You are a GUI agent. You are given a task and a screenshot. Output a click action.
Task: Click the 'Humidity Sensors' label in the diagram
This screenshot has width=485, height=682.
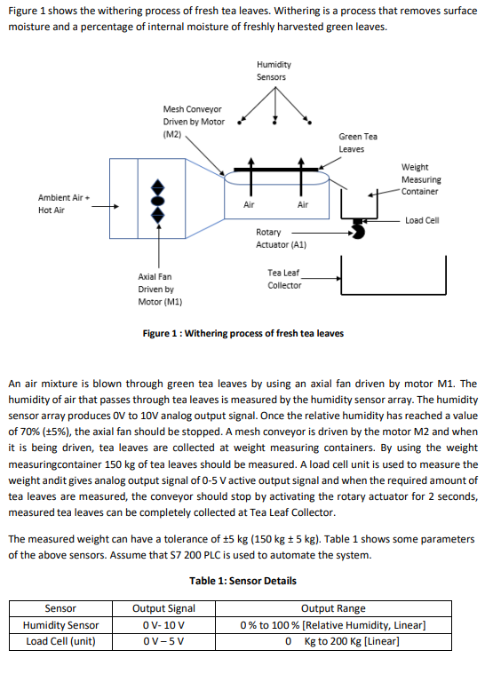tap(272, 71)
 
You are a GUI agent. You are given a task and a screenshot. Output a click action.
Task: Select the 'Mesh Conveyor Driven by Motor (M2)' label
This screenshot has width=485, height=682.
tap(193, 122)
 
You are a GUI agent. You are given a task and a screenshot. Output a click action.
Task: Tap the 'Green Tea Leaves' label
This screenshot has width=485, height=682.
tap(357, 142)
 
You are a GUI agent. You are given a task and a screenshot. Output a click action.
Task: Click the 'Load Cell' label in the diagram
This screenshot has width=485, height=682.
tap(421, 220)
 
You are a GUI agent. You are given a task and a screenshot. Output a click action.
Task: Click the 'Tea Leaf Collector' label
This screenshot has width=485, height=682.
tap(284, 279)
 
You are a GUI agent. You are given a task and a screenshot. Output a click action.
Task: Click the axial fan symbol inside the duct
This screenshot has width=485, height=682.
tap(159, 203)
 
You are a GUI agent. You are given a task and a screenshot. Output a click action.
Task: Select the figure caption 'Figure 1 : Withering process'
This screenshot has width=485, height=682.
tap(242, 334)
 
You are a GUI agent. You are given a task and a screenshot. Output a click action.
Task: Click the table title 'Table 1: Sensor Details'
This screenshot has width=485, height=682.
tap(242, 581)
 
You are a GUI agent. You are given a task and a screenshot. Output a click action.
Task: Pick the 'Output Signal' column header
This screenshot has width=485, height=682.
tap(163, 608)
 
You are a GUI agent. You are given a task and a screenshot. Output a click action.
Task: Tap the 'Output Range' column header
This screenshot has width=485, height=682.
tap(333, 608)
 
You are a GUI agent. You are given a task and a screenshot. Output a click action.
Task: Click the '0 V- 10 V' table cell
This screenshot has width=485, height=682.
tap(163, 624)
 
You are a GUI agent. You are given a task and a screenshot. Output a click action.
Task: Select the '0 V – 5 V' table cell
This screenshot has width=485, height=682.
tap(163, 641)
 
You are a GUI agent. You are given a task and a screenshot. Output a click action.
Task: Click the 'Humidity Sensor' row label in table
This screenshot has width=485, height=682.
tap(60, 624)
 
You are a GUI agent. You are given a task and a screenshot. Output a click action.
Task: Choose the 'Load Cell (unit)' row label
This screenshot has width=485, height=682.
tap(60, 641)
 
